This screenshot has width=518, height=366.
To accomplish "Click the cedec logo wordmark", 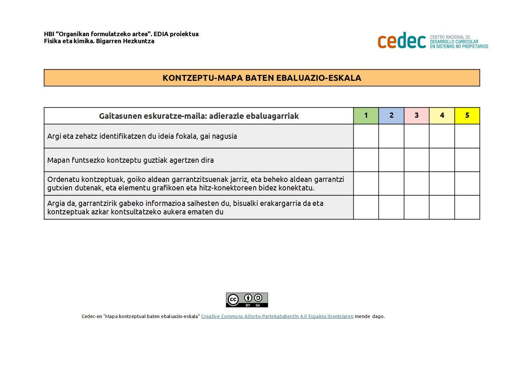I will pos(402,41).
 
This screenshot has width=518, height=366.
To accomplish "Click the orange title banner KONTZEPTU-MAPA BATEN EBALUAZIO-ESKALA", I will pos(262,78).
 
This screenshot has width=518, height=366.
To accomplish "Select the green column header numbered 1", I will pos(366,115).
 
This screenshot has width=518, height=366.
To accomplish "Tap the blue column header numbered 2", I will pos(391,115).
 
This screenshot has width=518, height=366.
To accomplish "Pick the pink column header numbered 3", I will pos(416,115).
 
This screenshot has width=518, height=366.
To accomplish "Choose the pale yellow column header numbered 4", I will pos(442,115).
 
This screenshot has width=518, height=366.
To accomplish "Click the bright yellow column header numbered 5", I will pos(467,115).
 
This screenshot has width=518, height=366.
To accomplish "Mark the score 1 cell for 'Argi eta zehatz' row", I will pos(366,136).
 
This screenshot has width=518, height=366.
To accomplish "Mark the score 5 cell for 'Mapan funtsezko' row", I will pos(467,160).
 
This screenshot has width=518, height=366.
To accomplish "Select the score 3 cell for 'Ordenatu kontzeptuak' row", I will pos(416,183).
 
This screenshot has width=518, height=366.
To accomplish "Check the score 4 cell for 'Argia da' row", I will pos(442,207).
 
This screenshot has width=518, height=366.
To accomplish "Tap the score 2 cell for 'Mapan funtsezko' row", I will pos(391,160).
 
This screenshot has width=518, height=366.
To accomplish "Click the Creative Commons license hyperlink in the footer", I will pos(277,317).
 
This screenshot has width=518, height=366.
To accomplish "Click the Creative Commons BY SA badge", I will pos(247,300).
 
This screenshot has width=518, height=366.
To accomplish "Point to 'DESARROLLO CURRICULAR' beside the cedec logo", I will pos(454,42).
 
